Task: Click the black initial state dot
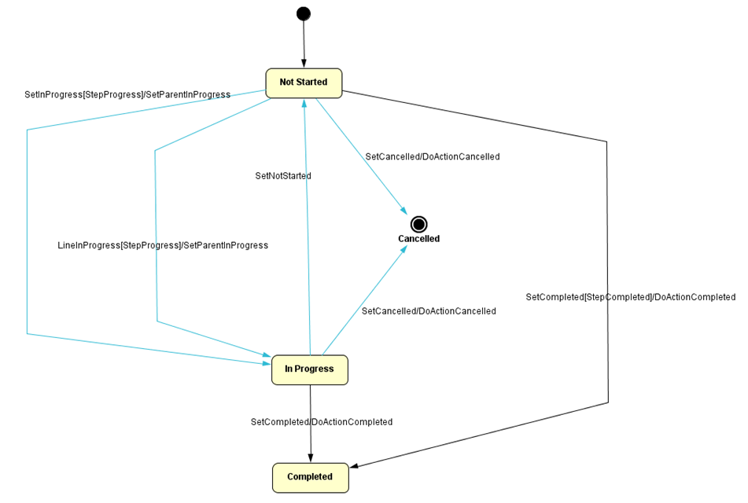tap(303, 13)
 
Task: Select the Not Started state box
tap(304, 83)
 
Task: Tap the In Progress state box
tap(309, 369)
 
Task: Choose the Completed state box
tap(310, 477)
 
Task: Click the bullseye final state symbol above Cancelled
tap(418, 224)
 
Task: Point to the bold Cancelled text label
tap(418, 239)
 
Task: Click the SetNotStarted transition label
tap(282, 176)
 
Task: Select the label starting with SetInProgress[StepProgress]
tap(127, 94)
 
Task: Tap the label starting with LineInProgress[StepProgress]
tap(163, 245)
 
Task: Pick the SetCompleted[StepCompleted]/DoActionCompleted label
tap(630, 297)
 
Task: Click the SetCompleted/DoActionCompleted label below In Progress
tap(321, 422)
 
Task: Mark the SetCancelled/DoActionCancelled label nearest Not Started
tap(432, 156)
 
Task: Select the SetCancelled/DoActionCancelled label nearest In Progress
tap(428, 311)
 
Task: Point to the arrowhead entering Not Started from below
tap(304, 104)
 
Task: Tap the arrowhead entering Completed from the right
tap(355, 467)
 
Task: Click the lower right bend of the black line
tap(608, 402)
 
